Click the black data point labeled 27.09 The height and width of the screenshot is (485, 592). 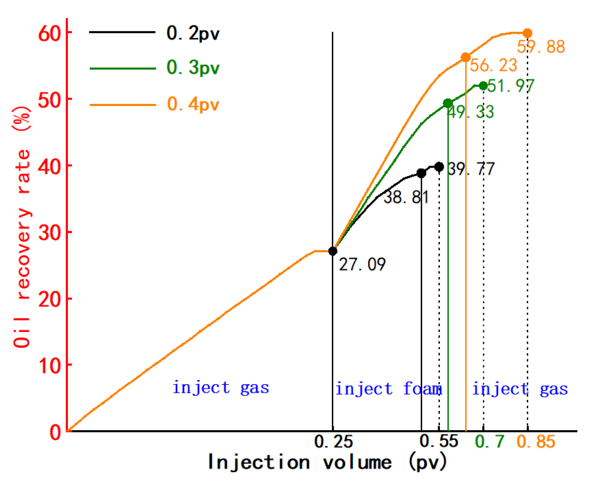pyautogui.click(x=333, y=251)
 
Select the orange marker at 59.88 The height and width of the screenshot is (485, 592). pyautogui.click(x=528, y=33)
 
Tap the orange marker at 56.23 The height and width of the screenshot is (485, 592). pyautogui.click(x=466, y=58)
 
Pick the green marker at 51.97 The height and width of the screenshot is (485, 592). pyautogui.click(x=483, y=86)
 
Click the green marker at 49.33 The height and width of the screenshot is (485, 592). pyautogui.click(x=448, y=103)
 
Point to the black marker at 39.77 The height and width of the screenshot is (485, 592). pyautogui.click(x=439, y=167)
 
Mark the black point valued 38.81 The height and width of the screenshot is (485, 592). pyautogui.click(x=421, y=173)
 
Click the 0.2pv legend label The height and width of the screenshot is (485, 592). pyautogui.click(x=193, y=33)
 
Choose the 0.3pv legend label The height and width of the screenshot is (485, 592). pyautogui.click(x=193, y=68)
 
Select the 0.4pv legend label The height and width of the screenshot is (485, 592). pyautogui.click(x=193, y=104)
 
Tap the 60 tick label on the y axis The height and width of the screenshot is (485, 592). pyautogui.click(x=50, y=34)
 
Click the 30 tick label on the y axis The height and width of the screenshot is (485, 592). pyautogui.click(x=50, y=233)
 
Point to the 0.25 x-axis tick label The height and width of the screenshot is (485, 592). pyautogui.click(x=333, y=441)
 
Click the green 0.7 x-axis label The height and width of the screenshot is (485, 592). pyautogui.click(x=490, y=441)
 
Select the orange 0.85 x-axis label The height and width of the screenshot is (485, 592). pyautogui.click(x=536, y=441)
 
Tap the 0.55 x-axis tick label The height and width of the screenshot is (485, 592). pyautogui.click(x=439, y=441)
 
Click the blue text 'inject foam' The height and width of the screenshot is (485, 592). pyautogui.click(x=388, y=389)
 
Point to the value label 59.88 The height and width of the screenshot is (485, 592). pyautogui.click(x=541, y=47)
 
